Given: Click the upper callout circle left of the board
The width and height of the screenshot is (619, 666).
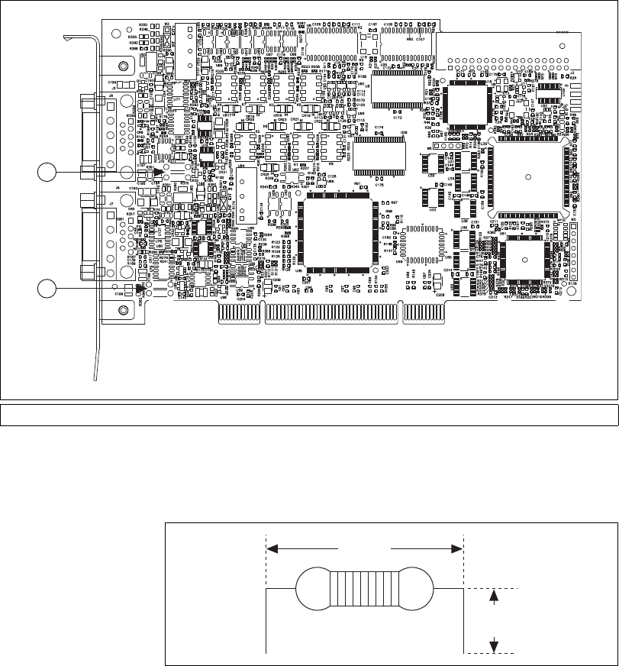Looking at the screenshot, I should (x=47, y=173).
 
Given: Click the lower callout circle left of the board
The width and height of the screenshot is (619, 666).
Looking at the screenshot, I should (x=47, y=288).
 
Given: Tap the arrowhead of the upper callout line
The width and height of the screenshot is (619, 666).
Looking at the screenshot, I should (x=158, y=173).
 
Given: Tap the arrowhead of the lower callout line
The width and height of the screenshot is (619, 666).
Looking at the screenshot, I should (x=141, y=288).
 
